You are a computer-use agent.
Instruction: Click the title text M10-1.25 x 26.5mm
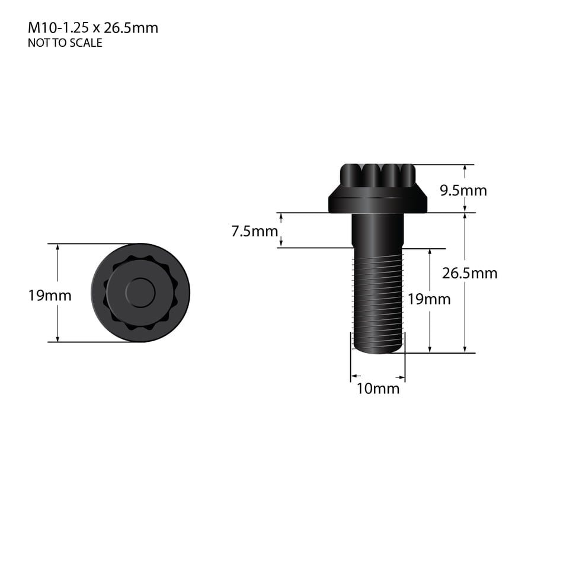[93, 28]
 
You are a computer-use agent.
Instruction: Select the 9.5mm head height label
[463, 190]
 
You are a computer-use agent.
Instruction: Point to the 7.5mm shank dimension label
[254, 231]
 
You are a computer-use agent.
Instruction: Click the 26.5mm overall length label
[469, 273]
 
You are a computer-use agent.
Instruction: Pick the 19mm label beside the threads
[428, 299]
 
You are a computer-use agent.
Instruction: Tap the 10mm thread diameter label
[378, 389]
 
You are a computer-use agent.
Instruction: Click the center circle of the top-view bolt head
[140, 293]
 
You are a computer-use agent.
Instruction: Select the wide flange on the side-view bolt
[378, 201]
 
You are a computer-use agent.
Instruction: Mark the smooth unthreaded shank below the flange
[378, 230]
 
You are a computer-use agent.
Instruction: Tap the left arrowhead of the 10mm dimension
[354, 376]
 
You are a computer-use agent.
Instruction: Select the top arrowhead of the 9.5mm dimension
[465, 168]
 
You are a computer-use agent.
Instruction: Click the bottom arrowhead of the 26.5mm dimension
[465, 350]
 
